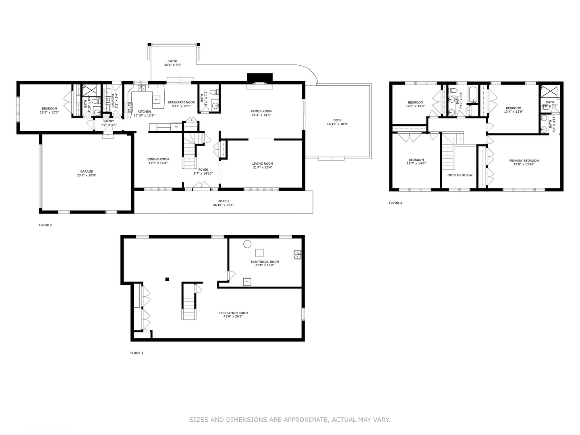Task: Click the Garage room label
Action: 86,172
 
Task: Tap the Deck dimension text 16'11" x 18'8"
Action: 337,124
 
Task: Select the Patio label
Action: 173,61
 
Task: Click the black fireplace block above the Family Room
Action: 259,77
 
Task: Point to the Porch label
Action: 223,201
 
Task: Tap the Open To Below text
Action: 460,175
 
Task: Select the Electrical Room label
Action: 265,262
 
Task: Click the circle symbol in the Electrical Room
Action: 247,244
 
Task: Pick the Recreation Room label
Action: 233,313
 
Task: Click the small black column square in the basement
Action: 167,279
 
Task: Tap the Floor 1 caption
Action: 137,353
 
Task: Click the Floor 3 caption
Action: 395,203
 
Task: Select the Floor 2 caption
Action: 45,225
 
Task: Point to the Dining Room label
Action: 158,159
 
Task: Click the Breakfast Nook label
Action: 181,102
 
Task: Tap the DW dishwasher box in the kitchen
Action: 156,99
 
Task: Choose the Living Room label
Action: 263,164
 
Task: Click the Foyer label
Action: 203,170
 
